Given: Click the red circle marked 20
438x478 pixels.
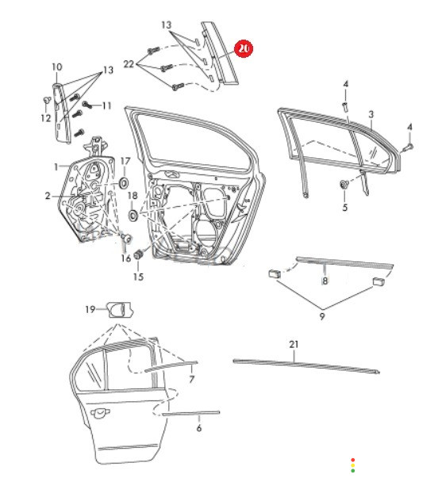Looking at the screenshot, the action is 244,49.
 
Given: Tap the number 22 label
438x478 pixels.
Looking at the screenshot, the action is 129,64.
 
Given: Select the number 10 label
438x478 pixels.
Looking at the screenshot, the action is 57,67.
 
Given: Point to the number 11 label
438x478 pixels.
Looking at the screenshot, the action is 106,105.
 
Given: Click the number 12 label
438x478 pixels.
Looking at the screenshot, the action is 46,118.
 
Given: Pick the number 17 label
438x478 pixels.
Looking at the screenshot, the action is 125,161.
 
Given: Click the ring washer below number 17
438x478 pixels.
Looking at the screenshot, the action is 124,183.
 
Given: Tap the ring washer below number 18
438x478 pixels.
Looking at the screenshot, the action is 133,215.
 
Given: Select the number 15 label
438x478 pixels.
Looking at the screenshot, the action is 138,277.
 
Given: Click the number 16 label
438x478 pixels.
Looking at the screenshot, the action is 125,258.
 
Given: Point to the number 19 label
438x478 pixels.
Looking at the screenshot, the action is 90,309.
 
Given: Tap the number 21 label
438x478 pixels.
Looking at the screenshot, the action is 294,345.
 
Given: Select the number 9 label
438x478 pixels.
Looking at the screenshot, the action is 322,316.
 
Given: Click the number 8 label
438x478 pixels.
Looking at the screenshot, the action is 325,281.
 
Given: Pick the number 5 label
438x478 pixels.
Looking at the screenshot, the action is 345,208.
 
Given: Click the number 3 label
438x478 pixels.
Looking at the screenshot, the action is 371,115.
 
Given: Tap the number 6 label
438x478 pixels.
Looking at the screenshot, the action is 199,428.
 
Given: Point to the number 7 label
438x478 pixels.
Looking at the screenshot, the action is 192,379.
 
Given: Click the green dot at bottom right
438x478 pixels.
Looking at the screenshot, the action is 353,471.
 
